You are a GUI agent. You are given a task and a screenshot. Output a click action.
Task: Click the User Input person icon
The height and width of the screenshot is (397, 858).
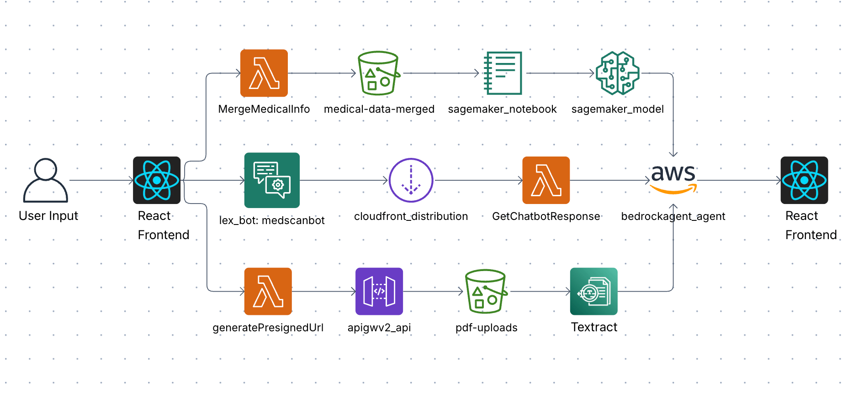[46, 180]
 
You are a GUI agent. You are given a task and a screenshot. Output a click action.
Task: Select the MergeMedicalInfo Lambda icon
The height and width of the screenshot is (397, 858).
[264, 73]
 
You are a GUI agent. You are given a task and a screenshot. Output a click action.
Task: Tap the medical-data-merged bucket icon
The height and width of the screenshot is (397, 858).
[379, 73]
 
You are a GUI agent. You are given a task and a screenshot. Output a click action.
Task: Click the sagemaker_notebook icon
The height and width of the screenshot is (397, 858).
[503, 73]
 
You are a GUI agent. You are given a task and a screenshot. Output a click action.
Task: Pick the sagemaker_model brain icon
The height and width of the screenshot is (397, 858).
[617, 73]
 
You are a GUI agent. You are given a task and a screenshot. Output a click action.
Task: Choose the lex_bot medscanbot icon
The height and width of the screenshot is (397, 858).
[272, 180]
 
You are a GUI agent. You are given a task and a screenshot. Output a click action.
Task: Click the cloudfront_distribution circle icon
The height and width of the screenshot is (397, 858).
[411, 180]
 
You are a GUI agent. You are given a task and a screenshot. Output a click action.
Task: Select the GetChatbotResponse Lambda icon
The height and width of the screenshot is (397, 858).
[546, 180]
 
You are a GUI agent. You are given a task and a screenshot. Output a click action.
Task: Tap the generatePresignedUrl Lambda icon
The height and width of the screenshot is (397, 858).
[268, 291]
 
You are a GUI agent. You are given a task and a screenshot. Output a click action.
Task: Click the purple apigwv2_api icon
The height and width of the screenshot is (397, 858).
[379, 291]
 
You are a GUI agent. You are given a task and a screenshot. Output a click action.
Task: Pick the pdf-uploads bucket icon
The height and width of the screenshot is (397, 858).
[486, 291]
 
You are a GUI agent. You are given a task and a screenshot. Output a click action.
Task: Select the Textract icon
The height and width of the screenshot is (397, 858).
[593, 291]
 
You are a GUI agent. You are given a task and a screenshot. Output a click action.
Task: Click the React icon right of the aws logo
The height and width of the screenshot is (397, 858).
[804, 180]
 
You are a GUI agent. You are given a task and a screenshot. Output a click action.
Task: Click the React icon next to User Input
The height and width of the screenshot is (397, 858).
[157, 180]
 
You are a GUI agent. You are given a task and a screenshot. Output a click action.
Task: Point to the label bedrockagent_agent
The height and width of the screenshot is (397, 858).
[673, 216]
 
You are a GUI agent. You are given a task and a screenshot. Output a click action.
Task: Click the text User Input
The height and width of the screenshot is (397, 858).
[48, 216]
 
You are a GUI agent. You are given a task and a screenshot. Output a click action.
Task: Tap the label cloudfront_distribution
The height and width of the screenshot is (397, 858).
[411, 216]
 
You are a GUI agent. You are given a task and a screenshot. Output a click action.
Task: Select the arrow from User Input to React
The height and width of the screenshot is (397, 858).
[101, 180]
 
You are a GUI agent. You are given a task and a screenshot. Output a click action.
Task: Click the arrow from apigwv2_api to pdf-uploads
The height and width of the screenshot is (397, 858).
[433, 291]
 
